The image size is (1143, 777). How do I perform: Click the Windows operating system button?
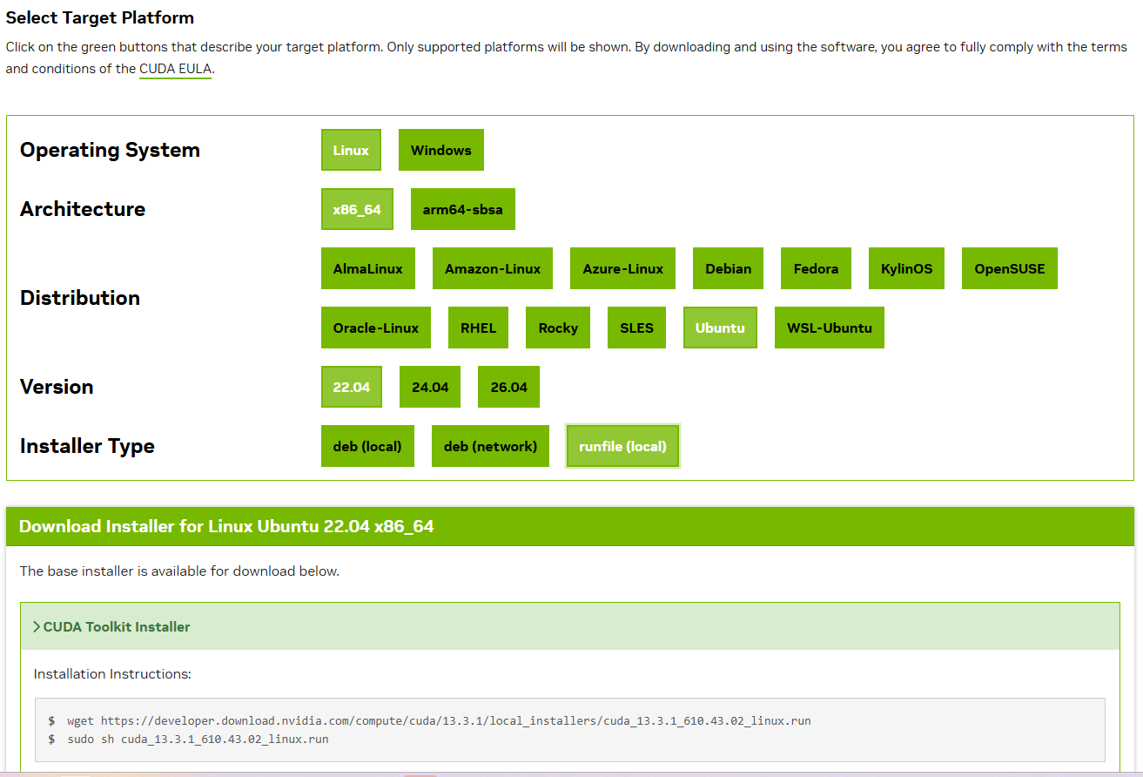pyautogui.click(x=440, y=150)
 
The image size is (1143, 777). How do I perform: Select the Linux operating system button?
pyautogui.click(x=351, y=150)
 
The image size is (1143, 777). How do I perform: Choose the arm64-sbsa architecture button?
pyautogui.click(x=463, y=209)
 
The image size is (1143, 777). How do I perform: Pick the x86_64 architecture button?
pyautogui.click(x=357, y=209)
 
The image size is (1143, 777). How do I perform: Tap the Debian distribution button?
pyautogui.click(x=728, y=268)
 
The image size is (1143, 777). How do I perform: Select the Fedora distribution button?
pyautogui.click(x=816, y=268)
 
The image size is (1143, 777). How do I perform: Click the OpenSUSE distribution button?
pyautogui.click(x=1010, y=268)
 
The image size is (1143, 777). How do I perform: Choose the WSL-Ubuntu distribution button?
pyautogui.click(x=830, y=328)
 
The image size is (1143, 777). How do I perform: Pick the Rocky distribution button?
pyautogui.click(x=558, y=328)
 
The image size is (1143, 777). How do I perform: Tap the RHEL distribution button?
pyautogui.click(x=478, y=328)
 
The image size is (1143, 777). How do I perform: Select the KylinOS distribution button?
pyautogui.click(x=906, y=268)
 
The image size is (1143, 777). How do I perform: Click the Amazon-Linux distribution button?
pyautogui.click(x=493, y=268)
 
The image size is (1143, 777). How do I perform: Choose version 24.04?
pyautogui.click(x=430, y=387)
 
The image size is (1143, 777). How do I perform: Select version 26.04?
pyautogui.click(x=508, y=387)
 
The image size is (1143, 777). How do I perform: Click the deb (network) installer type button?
pyautogui.click(x=490, y=446)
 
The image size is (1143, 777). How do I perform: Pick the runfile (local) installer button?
pyautogui.click(x=622, y=446)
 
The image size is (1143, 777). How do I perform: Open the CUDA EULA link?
pyautogui.click(x=176, y=69)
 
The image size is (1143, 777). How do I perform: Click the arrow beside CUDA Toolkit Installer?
pyautogui.click(x=37, y=627)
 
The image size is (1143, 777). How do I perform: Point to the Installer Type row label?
pyautogui.click(x=87, y=446)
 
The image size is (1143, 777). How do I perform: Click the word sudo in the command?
pyautogui.click(x=81, y=740)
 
